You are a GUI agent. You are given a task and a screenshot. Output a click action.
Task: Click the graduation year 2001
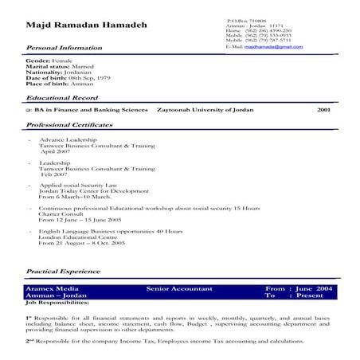(x=323, y=110)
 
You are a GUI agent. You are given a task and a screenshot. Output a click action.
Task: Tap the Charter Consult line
(x=58, y=213)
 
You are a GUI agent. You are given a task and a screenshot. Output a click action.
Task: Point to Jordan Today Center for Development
(x=89, y=190)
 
